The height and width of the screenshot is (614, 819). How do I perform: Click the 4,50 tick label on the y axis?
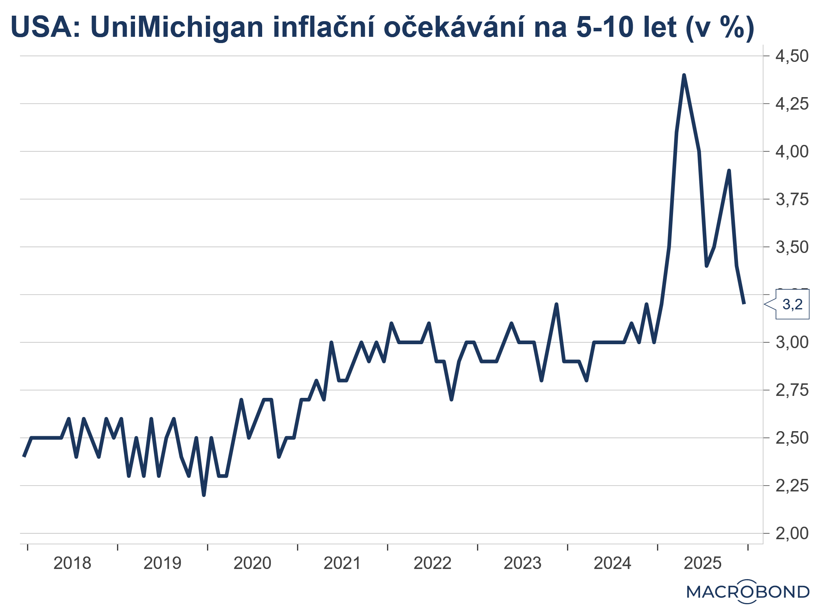pyautogui.click(x=791, y=56)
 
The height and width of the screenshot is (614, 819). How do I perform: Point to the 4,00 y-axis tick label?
pyautogui.click(x=791, y=152)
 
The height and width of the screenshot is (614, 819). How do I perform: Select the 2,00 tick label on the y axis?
pyautogui.click(x=791, y=533)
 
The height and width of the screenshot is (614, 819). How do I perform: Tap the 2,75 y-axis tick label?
pyautogui.click(x=791, y=390)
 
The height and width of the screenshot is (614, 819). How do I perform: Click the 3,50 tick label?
pyautogui.click(x=791, y=247)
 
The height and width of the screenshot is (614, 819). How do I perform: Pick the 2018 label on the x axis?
pyautogui.click(x=72, y=563)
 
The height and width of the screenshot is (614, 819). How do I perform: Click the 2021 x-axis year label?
pyautogui.click(x=342, y=563)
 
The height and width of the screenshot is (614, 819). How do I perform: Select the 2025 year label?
pyautogui.click(x=702, y=563)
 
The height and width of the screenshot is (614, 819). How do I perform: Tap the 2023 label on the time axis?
pyautogui.click(x=522, y=563)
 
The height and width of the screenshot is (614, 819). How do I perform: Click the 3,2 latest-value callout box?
pyautogui.click(x=792, y=304)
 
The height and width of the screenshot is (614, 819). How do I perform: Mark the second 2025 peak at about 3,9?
pyautogui.click(x=729, y=171)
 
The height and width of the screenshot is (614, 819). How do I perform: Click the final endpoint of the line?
pyautogui.click(x=744, y=303)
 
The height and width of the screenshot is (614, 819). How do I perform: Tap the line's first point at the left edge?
pyautogui.click(x=24, y=457)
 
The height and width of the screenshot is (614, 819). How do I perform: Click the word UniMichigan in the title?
pyautogui.click(x=177, y=27)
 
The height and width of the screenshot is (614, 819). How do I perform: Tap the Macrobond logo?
pyautogui.click(x=747, y=592)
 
